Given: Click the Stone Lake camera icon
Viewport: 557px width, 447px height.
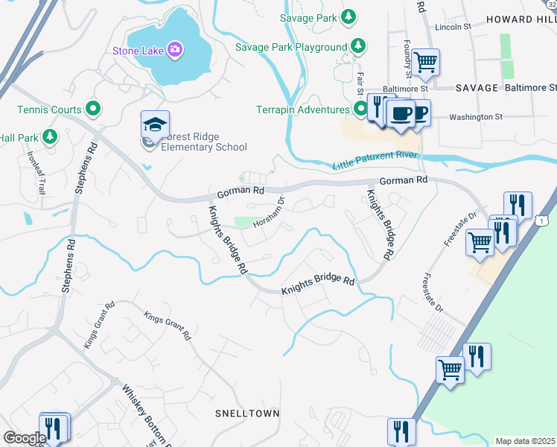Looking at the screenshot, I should click(176, 50).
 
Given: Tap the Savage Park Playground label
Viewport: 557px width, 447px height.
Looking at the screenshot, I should click(291, 47).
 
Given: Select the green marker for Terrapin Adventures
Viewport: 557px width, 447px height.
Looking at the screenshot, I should click(361, 110).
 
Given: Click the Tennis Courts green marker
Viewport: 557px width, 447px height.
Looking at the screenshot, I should click(93, 110).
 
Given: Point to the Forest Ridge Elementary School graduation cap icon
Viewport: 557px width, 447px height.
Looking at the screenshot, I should click(156, 124).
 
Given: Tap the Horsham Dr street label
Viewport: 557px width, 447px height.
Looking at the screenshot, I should click(269, 212).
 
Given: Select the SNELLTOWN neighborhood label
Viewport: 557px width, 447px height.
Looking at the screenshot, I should click(246, 413).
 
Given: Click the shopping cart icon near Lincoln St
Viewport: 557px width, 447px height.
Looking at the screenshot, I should click(425, 62).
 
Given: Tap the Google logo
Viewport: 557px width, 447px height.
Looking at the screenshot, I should click(25, 438).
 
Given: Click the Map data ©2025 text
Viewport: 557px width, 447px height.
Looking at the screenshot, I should click(525, 441).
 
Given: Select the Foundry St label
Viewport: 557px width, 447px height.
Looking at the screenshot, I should click(408, 58).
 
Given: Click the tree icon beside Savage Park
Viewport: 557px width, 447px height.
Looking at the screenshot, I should click(348, 17).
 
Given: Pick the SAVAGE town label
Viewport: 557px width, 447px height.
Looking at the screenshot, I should click(477, 88).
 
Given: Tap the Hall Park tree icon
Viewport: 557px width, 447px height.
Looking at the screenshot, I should click(50, 136).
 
